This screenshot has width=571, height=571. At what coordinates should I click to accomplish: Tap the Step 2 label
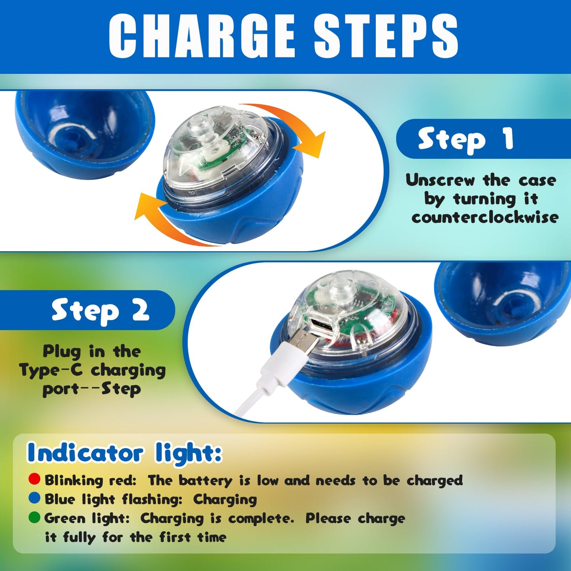click(100, 311)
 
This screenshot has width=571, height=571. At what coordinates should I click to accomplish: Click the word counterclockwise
click(485, 217)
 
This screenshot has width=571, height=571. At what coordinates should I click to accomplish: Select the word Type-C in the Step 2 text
click(51, 371)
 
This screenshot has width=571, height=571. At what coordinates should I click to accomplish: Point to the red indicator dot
click(34, 479)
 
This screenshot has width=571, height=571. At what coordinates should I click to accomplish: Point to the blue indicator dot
click(34, 498)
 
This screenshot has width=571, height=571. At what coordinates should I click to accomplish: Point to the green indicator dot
click(34, 517)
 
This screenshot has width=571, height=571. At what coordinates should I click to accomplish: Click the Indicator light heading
click(124, 453)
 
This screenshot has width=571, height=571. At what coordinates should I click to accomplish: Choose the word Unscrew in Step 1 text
click(440, 180)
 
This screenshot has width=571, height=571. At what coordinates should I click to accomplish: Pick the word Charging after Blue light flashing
click(225, 499)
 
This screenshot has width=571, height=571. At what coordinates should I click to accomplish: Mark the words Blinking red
click(90, 480)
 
